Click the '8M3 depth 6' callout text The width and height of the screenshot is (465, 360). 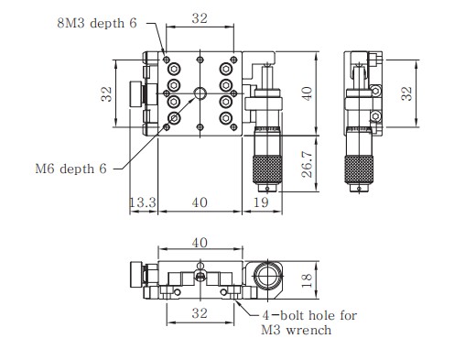(97, 24)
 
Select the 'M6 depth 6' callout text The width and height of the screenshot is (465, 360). (70, 169)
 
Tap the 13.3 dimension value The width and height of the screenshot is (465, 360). (143, 202)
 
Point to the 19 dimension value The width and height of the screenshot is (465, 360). (261, 202)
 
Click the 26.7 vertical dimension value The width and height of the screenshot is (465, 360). (308, 164)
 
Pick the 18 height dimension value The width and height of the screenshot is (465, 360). (307, 280)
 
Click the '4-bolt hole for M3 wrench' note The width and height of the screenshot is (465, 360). (308, 322)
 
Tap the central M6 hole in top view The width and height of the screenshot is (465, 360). (200, 93)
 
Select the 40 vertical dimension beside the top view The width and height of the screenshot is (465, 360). (307, 93)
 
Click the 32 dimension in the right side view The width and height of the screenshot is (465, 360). (406, 93)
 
